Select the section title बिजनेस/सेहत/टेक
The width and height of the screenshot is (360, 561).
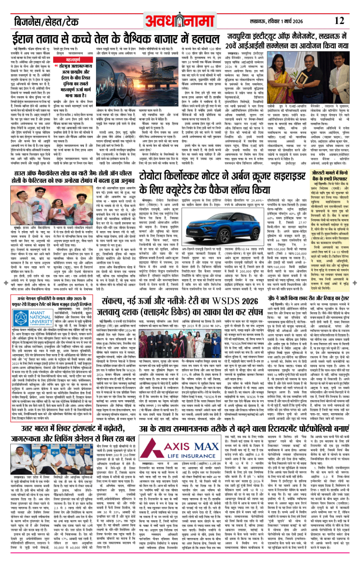point(46,21)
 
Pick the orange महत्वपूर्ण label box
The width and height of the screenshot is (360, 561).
point(73,60)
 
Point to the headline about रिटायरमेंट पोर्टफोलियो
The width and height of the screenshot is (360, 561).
point(244,428)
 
